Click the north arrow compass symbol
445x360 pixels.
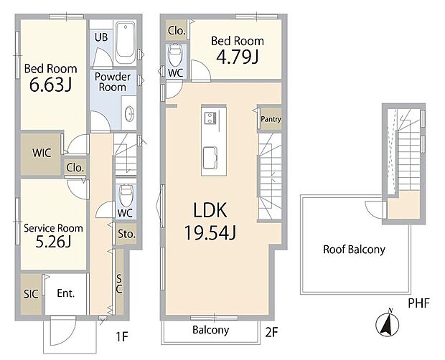pyautogui.click(x=387, y=323)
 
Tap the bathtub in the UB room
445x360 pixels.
pyautogui.click(x=125, y=43)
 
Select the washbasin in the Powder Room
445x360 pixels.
pyautogui.click(x=129, y=113)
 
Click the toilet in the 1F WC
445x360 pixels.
pyautogui.click(x=126, y=196)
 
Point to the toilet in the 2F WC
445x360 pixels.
pyautogui.click(x=174, y=54)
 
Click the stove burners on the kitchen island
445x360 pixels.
pyautogui.click(x=210, y=118)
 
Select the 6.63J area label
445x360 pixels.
pyautogui.click(x=50, y=85)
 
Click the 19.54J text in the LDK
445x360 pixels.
pyautogui.click(x=210, y=233)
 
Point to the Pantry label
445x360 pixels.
pyautogui.click(x=271, y=119)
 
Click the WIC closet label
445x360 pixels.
pyautogui.click(x=42, y=153)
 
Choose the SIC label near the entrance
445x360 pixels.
pyautogui.click(x=31, y=294)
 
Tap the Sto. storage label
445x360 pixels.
pyautogui.click(x=126, y=234)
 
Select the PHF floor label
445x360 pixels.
pyautogui.click(x=418, y=303)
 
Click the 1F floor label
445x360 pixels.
pyautogui.click(x=122, y=337)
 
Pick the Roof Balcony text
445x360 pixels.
pyautogui.click(x=354, y=250)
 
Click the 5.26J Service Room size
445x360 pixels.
pyautogui.click(x=53, y=242)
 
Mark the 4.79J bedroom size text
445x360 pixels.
pyautogui.click(x=238, y=57)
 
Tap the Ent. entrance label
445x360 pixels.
pyautogui.click(x=66, y=293)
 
